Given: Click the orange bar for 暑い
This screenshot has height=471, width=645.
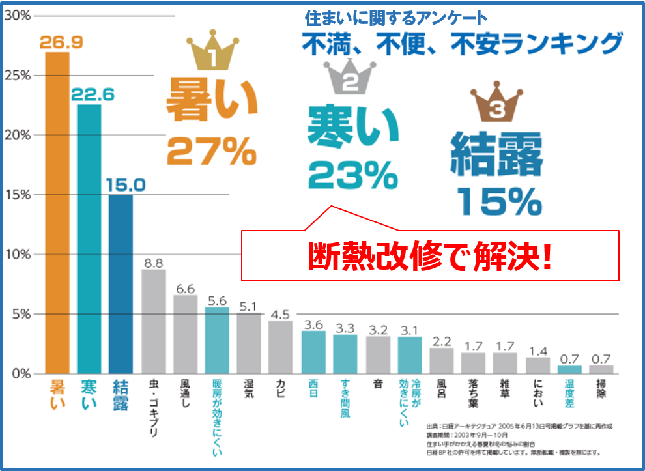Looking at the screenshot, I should pos(57,212).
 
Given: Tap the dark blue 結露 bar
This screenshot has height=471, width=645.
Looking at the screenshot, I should pos(121,283).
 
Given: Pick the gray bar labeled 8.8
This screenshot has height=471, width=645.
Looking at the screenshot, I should pos(153,321).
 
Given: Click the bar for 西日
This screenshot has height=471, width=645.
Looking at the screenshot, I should pos(313,352).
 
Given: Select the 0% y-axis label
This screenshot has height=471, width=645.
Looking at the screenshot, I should pos(19,374).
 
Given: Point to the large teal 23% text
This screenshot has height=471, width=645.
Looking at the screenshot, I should pos(352,174).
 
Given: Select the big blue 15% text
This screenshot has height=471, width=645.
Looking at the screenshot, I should pos(500,202).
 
